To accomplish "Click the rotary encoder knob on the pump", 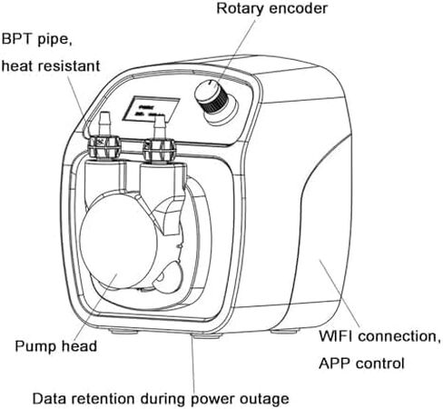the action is [211, 97].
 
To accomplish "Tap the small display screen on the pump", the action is [151, 109].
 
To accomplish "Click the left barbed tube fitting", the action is [104, 125].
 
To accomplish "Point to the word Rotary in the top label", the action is [240, 8].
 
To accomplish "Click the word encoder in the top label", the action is [298, 8].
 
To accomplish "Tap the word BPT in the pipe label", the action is [16, 39].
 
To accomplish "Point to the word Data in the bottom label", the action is [48, 398].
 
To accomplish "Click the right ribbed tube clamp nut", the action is [159, 150].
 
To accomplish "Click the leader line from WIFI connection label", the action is [340, 294].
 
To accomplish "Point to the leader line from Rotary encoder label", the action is [236, 53].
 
